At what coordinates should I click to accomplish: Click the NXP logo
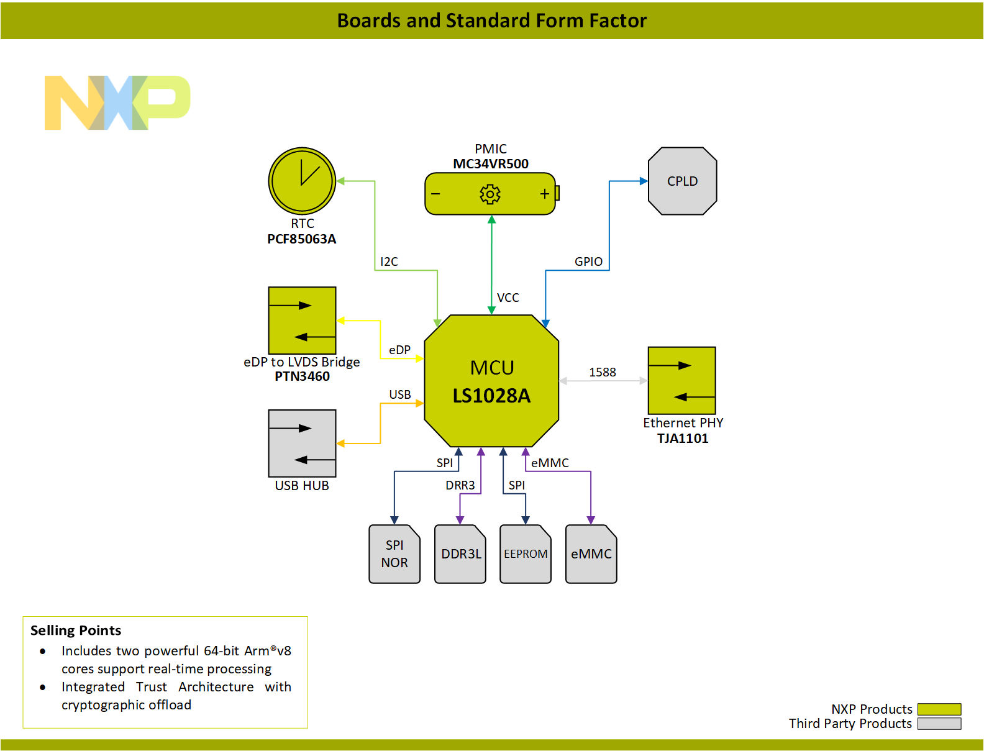[x=117, y=102]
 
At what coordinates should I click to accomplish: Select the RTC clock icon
[x=302, y=181]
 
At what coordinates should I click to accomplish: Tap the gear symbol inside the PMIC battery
[x=490, y=194]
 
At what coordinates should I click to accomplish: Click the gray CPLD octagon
[x=682, y=181]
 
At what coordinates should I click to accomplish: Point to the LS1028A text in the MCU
[x=491, y=396]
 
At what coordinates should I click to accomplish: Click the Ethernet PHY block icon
[x=681, y=380]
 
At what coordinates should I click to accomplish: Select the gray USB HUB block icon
[x=302, y=443]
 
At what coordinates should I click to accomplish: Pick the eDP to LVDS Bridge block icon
[x=302, y=320]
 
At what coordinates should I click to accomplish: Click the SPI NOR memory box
[x=394, y=553]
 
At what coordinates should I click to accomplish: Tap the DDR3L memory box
[x=460, y=553]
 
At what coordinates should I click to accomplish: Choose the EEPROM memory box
[x=526, y=553]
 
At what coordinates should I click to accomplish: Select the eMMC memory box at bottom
[x=591, y=553]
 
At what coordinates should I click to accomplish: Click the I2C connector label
[x=389, y=262]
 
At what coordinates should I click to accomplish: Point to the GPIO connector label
[x=588, y=262]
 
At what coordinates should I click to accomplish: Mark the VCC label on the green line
[x=508, y=298]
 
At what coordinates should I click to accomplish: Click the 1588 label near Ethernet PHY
[x=602, y=372]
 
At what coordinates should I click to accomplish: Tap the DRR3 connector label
[x=460, y=485]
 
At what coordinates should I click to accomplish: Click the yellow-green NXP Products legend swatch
[x=939, y=709]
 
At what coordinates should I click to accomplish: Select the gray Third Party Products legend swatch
[x=939, y=724]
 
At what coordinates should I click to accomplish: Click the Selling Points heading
[x=76, y=630]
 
